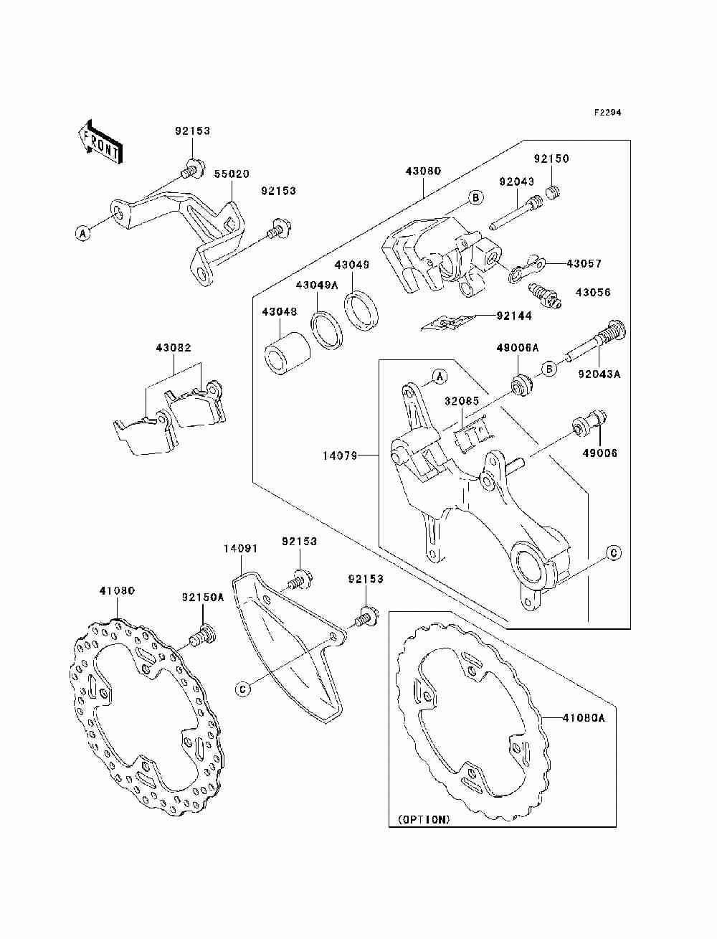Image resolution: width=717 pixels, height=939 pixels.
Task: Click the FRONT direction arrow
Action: (100, 141)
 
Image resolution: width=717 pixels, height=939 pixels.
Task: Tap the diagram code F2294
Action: (607, 113)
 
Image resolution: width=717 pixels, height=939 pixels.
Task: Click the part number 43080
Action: (424, 171)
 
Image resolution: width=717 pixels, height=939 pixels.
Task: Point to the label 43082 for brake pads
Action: (173, 348)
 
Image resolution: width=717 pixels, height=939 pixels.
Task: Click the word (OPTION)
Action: (422, 818)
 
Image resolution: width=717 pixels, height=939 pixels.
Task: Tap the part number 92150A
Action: (203, 596)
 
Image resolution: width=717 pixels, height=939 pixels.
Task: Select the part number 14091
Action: (240, 548)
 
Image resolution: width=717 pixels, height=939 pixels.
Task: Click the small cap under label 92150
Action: (553, 192)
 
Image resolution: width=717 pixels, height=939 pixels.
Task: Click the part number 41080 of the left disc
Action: (117, 591)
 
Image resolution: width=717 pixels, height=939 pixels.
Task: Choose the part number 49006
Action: (599, 453)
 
